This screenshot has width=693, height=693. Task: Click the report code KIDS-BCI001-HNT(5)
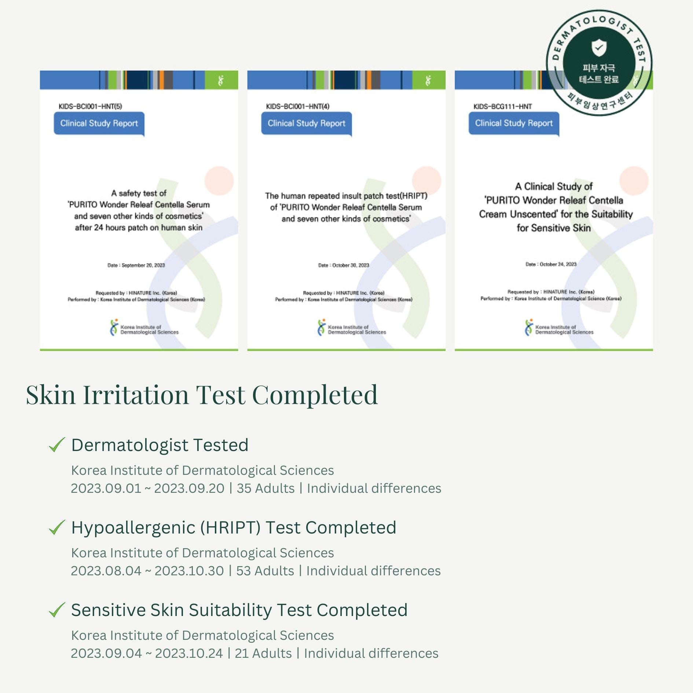point(90,106)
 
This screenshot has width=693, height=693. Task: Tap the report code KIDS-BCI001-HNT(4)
point(297,106)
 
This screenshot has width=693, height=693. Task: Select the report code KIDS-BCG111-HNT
point(502,106)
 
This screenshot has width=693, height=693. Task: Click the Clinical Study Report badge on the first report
point(99,123)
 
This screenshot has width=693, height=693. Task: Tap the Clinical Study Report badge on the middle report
point(306,123)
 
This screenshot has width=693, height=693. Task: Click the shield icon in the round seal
point(599,48)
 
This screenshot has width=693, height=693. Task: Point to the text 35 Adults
point(265,488)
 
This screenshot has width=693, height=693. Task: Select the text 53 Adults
point(265,571)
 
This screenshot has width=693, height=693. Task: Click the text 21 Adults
point(263,653)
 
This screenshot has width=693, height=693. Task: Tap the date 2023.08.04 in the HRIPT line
point(106,571)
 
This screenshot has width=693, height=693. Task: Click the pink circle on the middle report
point(426,180)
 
